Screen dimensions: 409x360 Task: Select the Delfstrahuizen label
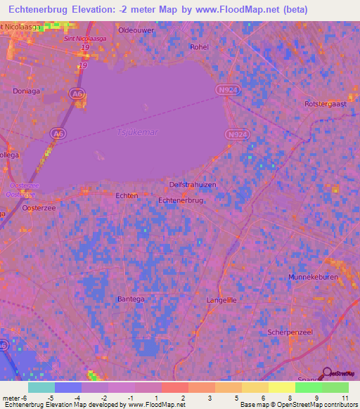(x=193, y=184)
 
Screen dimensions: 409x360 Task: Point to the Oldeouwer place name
(x=136, y=30)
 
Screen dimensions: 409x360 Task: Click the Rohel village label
(x=200, y=47)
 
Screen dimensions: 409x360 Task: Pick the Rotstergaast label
(x=327, y=103)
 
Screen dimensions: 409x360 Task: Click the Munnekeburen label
(x=313, y=278)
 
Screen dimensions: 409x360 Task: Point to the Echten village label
(x=126, y=196)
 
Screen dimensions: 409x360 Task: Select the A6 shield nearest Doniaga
(x=75, y=92)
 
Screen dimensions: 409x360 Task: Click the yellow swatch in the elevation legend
(x=282, y=387)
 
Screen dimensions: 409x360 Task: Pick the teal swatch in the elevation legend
(x=41, y=387)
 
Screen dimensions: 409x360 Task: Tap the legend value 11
(x=345, y=398)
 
